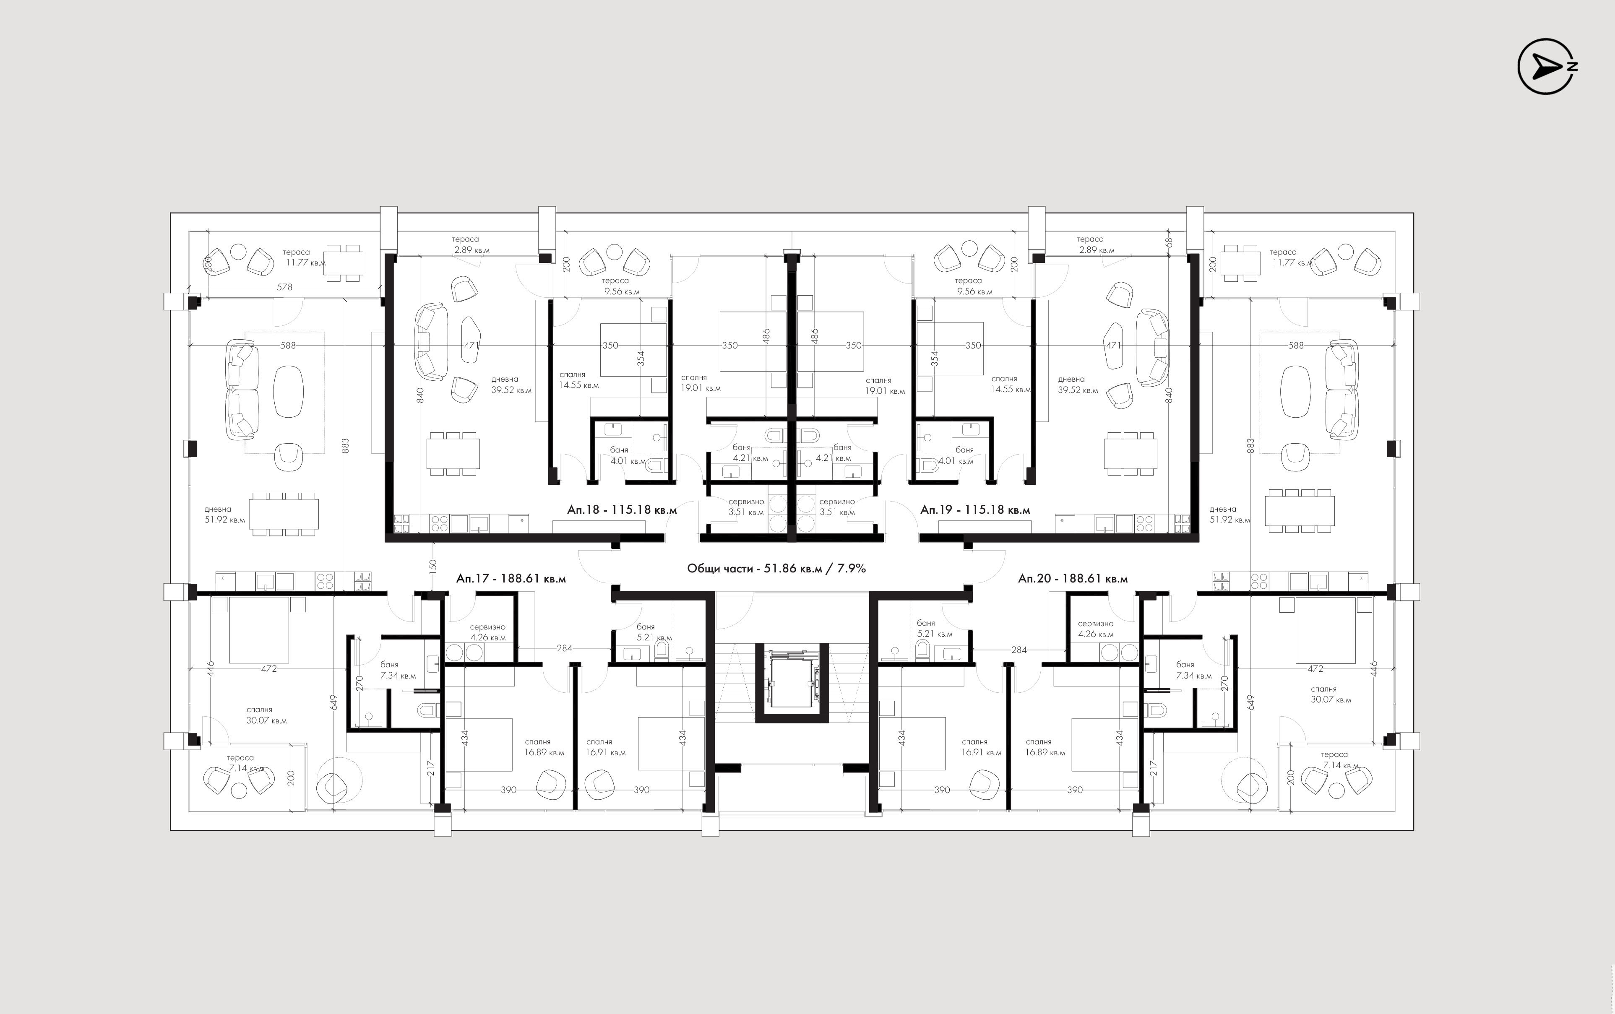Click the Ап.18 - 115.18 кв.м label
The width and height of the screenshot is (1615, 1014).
click(x=622, y=510)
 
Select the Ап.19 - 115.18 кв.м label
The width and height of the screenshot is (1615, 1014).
click(x=975, y=510)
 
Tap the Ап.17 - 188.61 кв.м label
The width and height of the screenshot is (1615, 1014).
click(x=511, y=578)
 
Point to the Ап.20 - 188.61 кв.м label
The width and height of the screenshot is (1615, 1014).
click(x=1073, y=578)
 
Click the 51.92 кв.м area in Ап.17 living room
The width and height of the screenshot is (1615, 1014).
click(x=225, y=520)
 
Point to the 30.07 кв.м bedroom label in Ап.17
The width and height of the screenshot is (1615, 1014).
click(x=266, y=721)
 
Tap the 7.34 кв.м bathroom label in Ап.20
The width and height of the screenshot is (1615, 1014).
click(x=1194, y=676)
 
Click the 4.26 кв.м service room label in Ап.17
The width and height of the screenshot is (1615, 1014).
click(x=487, y=638)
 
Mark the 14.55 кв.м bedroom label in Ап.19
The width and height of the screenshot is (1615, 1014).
click(x=1011, y=389)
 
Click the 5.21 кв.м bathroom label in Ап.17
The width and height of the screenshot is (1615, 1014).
click(x=654, y=638)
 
